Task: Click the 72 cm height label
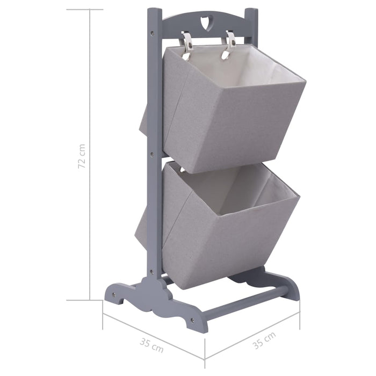pyautogui.click(x=81, y=156)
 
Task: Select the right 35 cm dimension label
pyautogui.click(x=264, y=342)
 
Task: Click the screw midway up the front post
pyautogui.click(x=152, y=154)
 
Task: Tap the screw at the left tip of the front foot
pyautogui.click(x=113, y=294)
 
